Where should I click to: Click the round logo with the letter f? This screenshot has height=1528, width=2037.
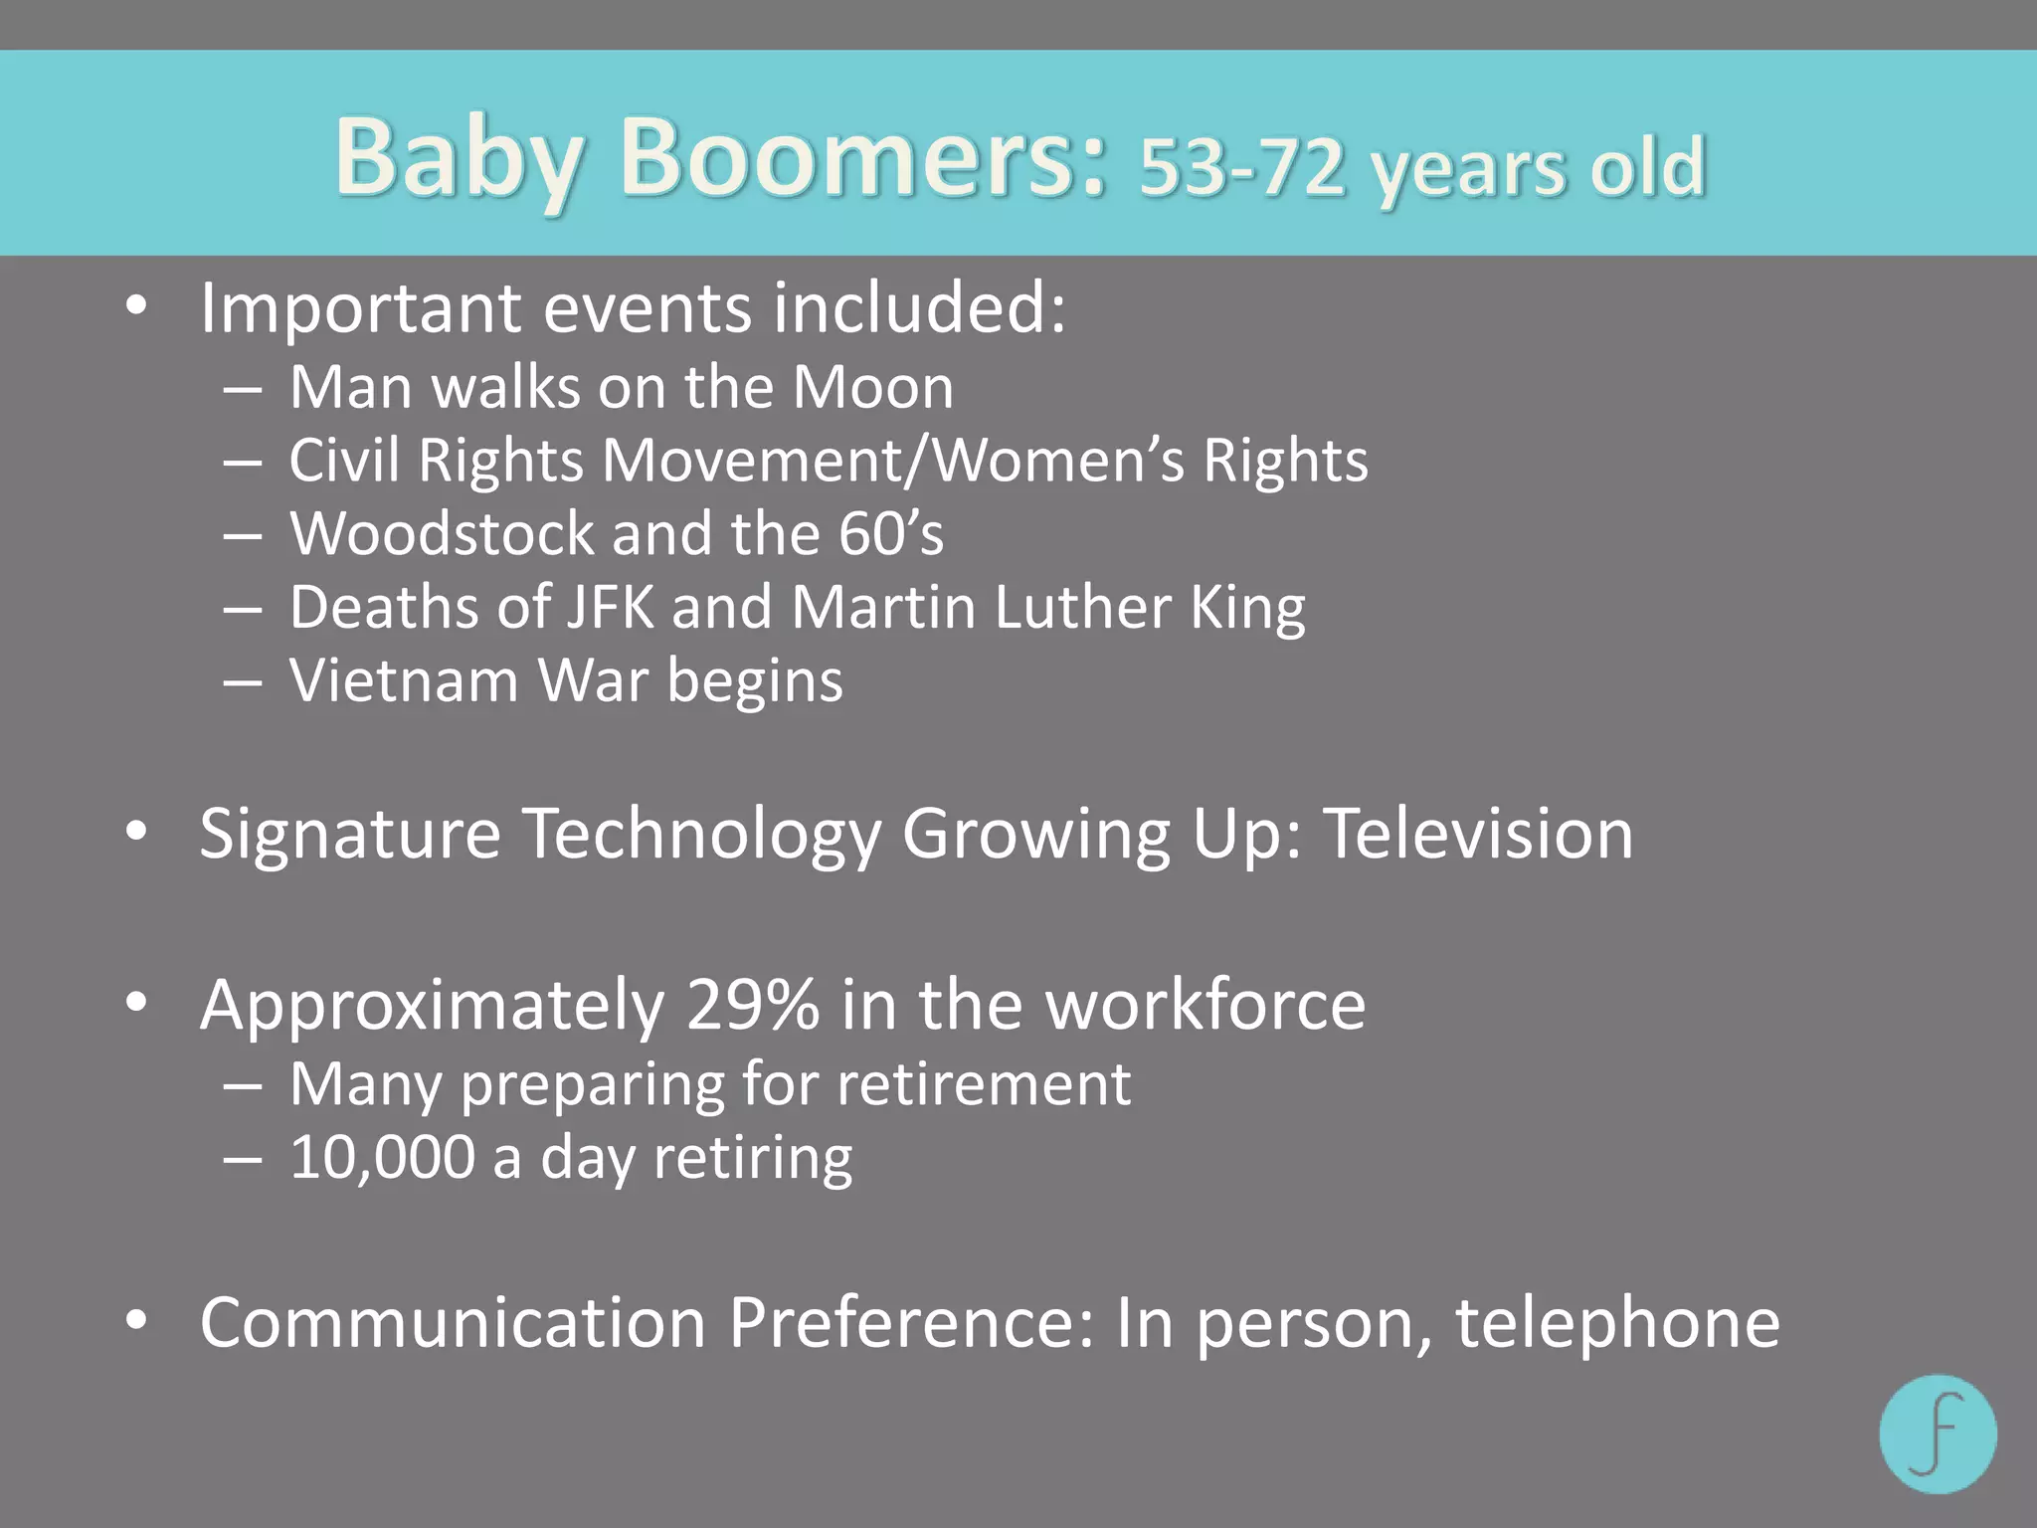1938,1433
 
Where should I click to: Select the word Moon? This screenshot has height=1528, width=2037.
873,387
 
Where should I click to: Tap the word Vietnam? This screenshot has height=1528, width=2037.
404,681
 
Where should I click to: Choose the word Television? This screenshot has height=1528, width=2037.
1479,833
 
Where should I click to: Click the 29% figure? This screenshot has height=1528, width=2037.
753,1005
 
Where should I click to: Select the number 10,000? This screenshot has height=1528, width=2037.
383,1158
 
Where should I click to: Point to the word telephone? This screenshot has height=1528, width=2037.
1617,1323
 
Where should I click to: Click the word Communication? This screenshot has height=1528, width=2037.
453,1323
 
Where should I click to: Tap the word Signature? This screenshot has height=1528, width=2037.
350,833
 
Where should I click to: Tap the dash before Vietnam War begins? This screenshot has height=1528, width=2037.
243,683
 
